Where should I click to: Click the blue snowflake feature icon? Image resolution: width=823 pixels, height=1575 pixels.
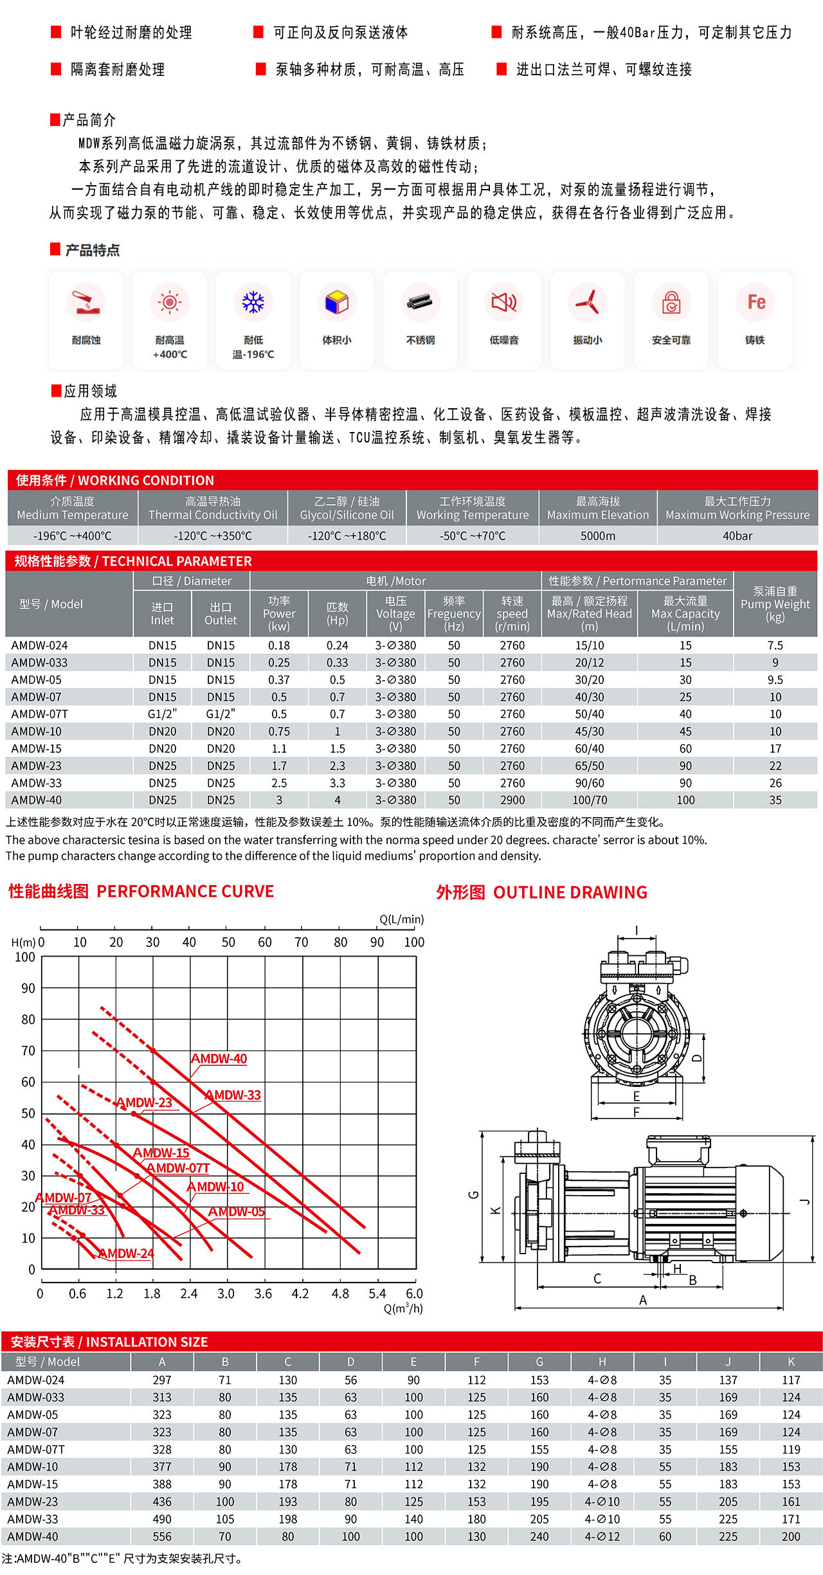pyautogui.click(x=253, y=301)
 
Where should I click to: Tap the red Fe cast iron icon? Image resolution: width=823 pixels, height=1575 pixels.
pyautogui.click(x=756, y=301)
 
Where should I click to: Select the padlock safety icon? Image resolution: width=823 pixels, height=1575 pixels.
pyautogui.click(x=671, y=301)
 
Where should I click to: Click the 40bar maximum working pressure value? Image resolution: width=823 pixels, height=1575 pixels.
pyautogui.click(x=737, y=535)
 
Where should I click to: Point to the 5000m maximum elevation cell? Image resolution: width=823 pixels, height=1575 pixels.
pyautogui.click(x=598, y=535)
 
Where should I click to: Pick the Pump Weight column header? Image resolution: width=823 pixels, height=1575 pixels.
pyautogui.click(x=775, y=604)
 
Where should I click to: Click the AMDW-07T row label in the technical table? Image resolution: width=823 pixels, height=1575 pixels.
pyautogui.click(x=39, y=714)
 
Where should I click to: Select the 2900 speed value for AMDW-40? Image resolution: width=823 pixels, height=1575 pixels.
pyautogui.click(x=512, y=800)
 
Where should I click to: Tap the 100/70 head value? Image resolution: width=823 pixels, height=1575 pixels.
pyautogui.click(x=590, y=800)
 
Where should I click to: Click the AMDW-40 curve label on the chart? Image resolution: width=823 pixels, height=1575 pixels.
pyautogui.click(x=219, y=1059)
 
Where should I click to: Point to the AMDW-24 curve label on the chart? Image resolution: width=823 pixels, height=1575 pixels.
pyautogui.click(x=127, y=1254)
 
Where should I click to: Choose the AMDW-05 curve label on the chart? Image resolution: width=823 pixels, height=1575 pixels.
pyautogui.click(x=236, y=1212)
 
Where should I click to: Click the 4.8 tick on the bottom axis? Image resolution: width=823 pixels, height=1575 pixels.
pyautogui.click(x=340, y=1293)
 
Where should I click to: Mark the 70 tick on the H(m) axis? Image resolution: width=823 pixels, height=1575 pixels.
pyautogui.click(x=28, y=1051)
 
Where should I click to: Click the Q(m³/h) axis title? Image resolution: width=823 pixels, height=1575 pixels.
pyautogui.click(x=403, y=1308)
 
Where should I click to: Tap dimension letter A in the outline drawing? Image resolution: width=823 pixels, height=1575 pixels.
pyautogui.click(x=643, y=1300)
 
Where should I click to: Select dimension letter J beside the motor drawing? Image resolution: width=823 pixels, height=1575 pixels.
pyautogui.click(x=805, y=1201)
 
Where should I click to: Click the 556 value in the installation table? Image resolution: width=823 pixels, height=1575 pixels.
pyautogui.click(x=162, y=1536)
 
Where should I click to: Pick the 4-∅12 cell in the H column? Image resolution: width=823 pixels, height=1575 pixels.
pyautogui.click(x=602, y=1536)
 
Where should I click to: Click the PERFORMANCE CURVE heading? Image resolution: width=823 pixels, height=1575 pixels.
pyautogui.click(x=185, y=891)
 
